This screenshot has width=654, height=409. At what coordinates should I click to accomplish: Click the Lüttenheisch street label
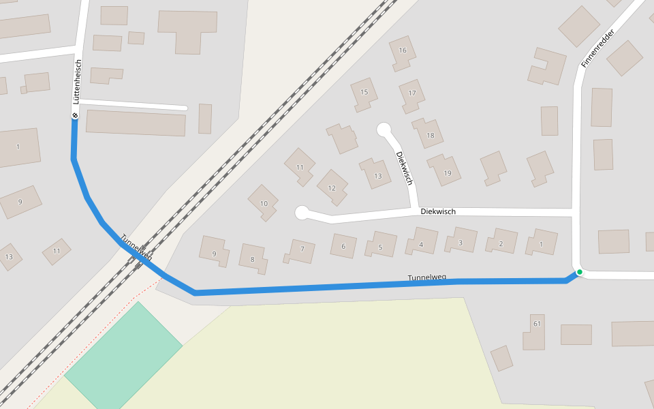[78, 82]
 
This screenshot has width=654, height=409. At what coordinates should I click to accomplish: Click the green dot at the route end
[579, 272]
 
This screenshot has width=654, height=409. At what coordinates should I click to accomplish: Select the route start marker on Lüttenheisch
[74, 115]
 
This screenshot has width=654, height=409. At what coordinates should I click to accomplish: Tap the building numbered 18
[430, 135]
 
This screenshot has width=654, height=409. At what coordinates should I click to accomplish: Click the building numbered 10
[264, 203]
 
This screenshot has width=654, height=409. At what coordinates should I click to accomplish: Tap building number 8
[252, 259]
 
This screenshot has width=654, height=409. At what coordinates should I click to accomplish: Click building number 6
[343, 246]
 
